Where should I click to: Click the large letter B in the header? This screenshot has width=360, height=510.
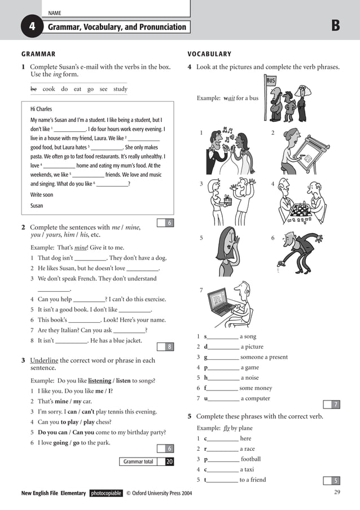(x=336, y=26)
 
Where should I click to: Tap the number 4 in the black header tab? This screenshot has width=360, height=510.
(x=32, y=27)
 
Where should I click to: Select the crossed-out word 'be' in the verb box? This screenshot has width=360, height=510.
(x=33, y=89)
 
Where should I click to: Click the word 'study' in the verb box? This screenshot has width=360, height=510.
(x=120, y=89)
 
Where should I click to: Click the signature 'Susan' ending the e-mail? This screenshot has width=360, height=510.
(x=37, y=206)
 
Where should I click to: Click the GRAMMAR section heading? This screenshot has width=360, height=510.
(x=38, y=54)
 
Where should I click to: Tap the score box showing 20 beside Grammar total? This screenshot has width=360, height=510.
(x=169, y=461)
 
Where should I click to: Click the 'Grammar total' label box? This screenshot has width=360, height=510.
(x=138, y=461)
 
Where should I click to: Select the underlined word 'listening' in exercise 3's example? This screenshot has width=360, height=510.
(x=99, y=380)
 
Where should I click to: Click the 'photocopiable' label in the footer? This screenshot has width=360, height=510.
(x=106, y=493)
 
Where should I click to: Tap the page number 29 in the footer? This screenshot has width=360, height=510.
(x=337, y=493)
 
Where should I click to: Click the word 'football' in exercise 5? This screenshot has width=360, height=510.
(x=251, y=459)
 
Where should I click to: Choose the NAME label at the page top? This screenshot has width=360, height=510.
(x=55, y=13)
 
